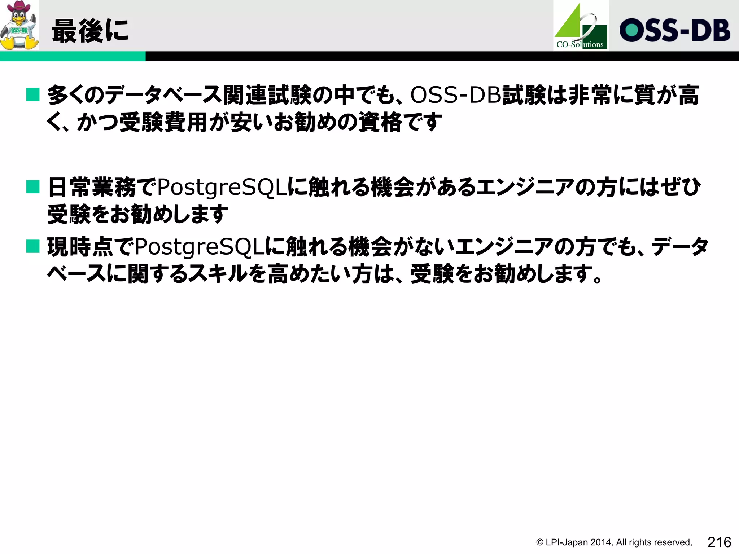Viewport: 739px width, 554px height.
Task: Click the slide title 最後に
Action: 90,31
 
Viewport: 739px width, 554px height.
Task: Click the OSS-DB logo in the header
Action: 675,30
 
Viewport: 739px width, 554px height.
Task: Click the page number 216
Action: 719,542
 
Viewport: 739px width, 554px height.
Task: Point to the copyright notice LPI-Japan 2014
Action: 614,542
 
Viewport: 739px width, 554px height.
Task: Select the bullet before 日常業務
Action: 33,187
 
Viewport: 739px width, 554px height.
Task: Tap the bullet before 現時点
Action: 33,247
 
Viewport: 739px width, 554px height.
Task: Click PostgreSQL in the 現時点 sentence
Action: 200,247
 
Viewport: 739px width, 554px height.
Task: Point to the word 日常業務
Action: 92,188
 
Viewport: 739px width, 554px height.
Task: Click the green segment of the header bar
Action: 73,56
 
